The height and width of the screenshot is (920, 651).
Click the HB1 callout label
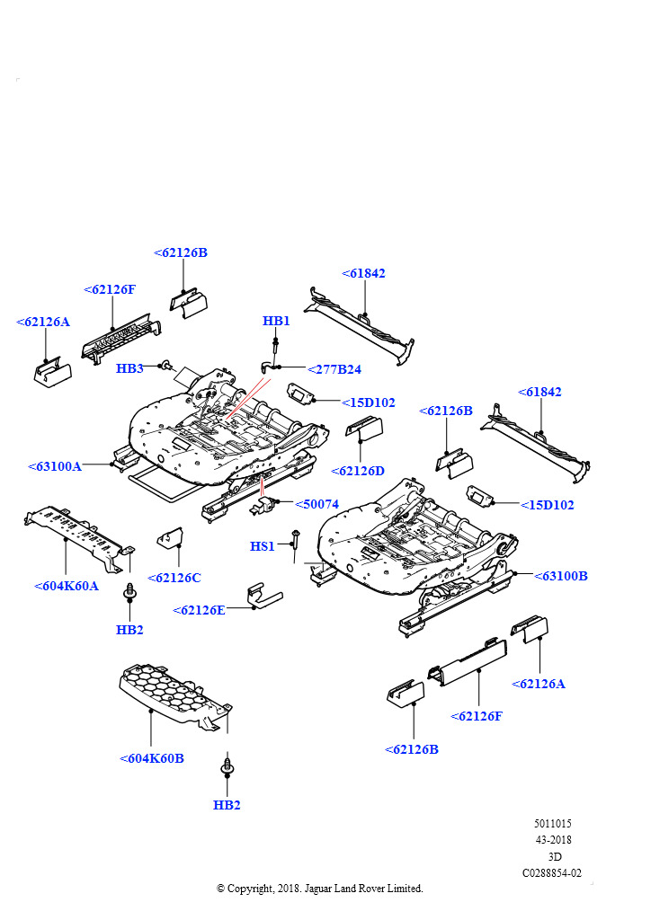(276, 321)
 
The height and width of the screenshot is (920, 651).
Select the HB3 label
(129, 368)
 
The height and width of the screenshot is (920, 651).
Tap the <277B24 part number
(334, 369)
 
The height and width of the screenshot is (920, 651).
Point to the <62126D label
(358, 471)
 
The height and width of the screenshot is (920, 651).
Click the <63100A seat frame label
(55, 466)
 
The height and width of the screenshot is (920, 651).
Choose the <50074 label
(317, 504)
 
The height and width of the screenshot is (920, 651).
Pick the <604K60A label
(67, 586)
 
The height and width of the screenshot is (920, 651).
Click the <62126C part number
(174, 578)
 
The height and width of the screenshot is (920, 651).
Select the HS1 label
(263, 546)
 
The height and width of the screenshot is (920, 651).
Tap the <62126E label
(199, 610)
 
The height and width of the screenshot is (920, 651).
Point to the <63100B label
(560, 576)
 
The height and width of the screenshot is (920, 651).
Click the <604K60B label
(151, 758)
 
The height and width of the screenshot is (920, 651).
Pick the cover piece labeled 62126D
(364, 428)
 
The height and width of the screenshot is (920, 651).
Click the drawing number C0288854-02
(552, 873)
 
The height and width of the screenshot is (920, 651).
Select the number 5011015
(553, 823)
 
